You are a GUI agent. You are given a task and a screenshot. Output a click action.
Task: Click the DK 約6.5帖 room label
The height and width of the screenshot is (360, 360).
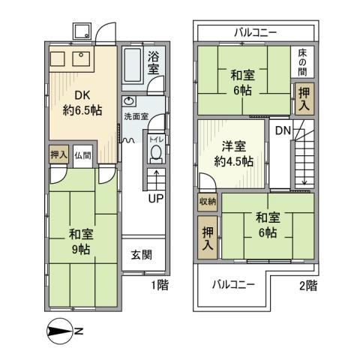pyautogui.click(x=82, y=103)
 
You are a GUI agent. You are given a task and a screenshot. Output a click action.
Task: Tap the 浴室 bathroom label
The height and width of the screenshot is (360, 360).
pyautogui.click(x=153, y=63)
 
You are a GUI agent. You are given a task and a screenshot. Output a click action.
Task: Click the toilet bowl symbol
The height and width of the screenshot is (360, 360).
pyautogui.click(x=156, y=152)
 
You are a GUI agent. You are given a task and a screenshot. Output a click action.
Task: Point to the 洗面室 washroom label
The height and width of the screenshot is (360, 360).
pyautogui.click(x=136, y=116)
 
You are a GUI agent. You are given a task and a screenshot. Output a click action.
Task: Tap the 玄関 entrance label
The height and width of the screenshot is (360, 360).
pyautogui.click(x=142, y=253)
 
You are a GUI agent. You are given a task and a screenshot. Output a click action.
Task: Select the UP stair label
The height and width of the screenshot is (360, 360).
pyautogui.click(x=155, y=199)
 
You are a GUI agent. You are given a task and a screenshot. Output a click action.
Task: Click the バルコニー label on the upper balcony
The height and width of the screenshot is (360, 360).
pyautogui.click(x=255, y=33)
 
